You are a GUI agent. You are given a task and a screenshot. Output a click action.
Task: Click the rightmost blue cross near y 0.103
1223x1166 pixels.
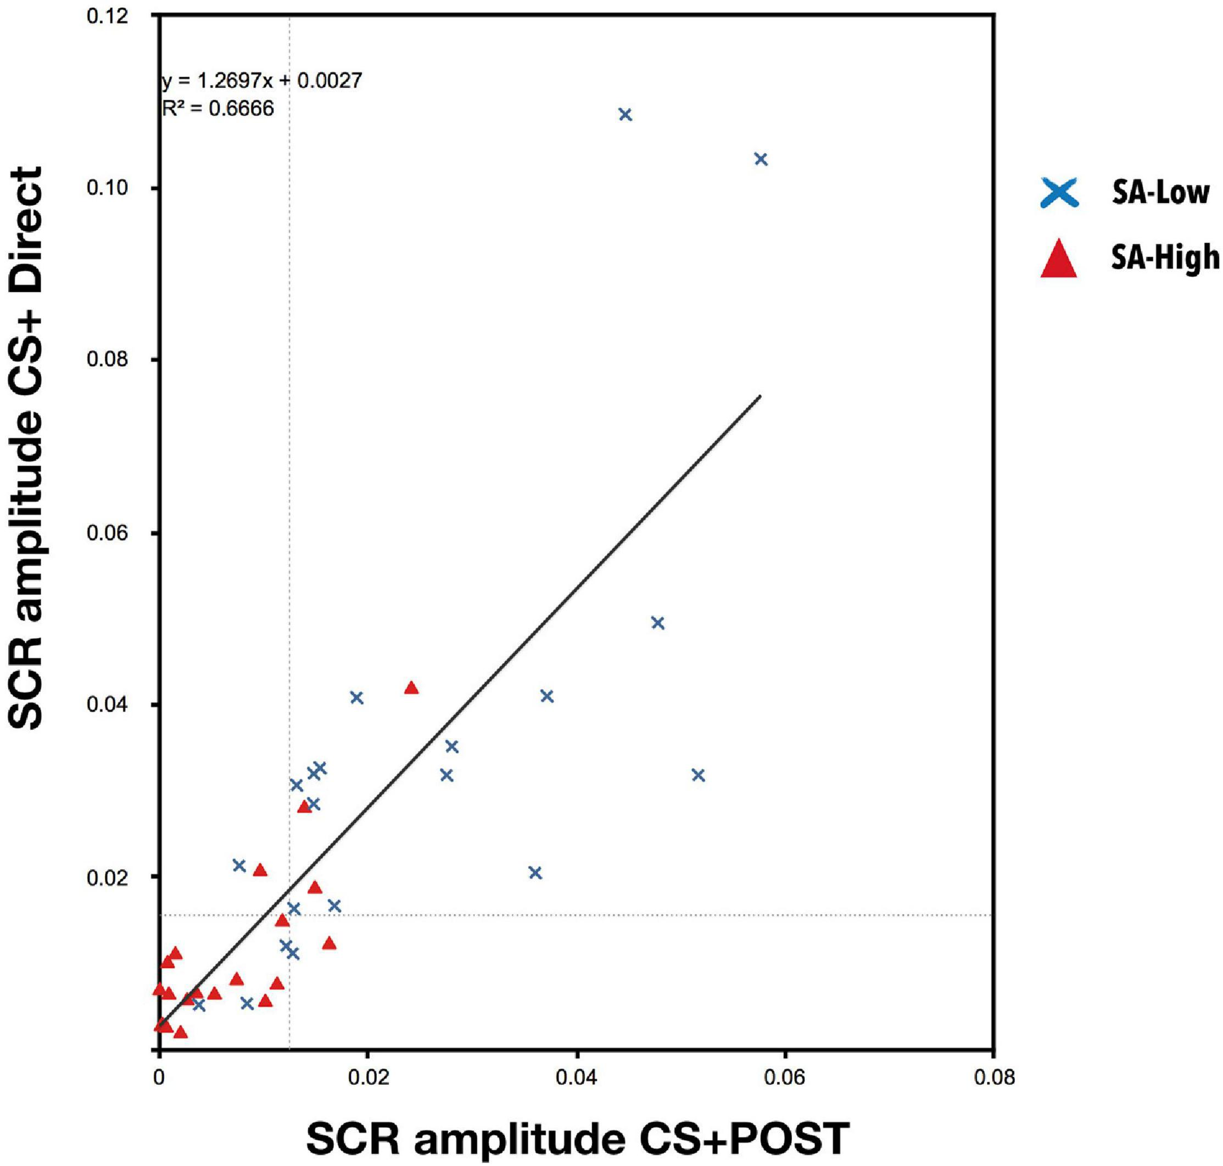[761, 160]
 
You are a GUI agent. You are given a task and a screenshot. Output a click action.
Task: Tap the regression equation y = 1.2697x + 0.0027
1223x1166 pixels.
[261, 81]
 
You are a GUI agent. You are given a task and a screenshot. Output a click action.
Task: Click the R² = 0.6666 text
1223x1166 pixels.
[218, 109]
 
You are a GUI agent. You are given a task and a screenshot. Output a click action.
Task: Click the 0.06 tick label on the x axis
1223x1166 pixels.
[785, 1077]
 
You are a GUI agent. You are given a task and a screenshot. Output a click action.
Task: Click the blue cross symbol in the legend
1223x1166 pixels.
[1059, 193]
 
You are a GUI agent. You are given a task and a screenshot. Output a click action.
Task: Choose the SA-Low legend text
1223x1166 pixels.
[1160, 193]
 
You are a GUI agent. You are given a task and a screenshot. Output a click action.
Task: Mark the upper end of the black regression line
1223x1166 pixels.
[760, 396]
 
